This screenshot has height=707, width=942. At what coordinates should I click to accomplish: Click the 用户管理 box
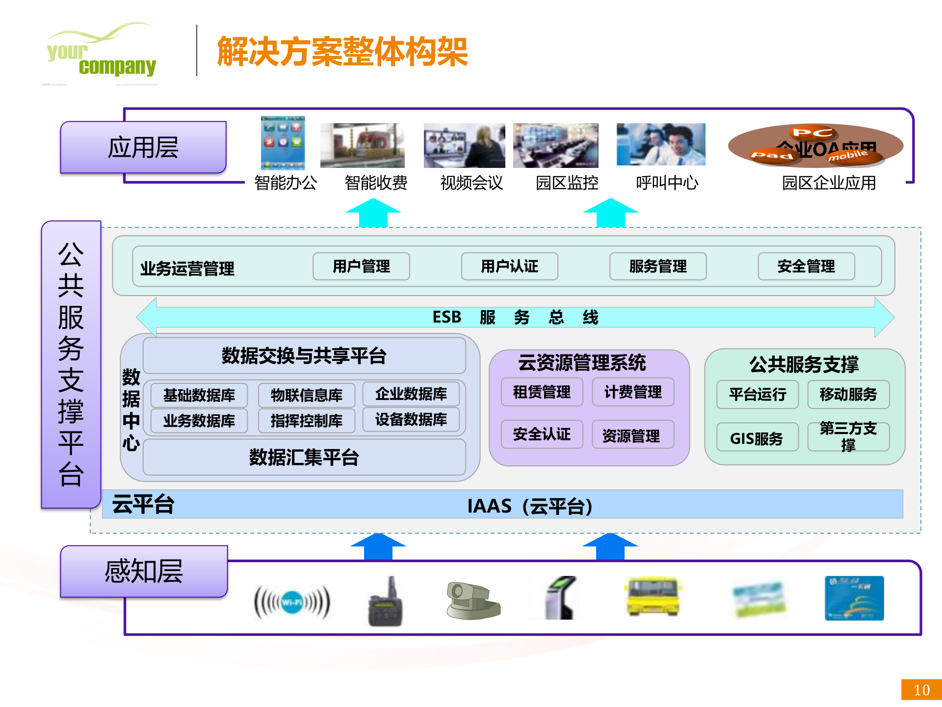(x=361, y=267)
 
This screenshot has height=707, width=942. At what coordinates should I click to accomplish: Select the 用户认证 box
(x=509, y=267)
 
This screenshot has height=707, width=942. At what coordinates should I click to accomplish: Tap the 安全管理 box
(x=806, y=267)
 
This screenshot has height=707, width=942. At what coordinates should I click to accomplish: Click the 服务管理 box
(x=658, y=267)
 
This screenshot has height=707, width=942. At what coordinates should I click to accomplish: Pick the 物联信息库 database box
(x=307, y=395)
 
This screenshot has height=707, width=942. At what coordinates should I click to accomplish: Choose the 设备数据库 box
(x=411, y=420)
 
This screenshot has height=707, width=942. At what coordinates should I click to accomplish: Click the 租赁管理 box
(x=542, y=392)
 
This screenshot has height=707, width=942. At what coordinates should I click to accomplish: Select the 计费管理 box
(x=633, y=392)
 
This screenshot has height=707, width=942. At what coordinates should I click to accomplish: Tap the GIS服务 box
(x=757, y=438)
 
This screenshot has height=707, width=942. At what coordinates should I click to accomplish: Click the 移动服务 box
(x=848, y=394)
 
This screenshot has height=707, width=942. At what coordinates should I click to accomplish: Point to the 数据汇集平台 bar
(x=304, y=458)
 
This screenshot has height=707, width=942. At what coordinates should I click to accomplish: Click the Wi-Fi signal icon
(x=292, y=602)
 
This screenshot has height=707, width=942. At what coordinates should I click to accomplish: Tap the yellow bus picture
(x=654, y=597)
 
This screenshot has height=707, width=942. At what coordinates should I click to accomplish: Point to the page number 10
(x=921, y=690)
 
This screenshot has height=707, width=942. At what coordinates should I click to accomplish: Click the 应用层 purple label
(x=143, y=147)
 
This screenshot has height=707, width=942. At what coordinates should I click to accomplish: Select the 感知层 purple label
(x=144, y=571)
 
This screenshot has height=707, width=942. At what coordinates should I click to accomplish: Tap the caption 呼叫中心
(x=667, y=183)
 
